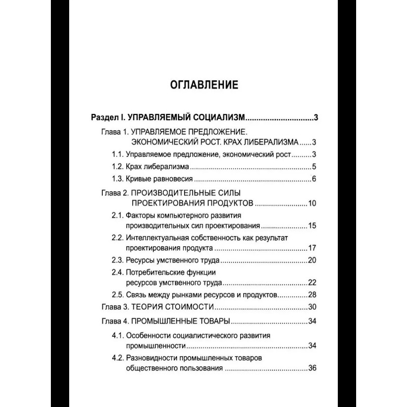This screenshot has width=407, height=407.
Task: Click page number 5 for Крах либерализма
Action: [x=315, y=166]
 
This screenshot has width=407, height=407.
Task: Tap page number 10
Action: [x=312, y=204]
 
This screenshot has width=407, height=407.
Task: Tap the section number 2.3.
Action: [x=117, y=260]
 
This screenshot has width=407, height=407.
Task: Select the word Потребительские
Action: [x=155, y=273]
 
